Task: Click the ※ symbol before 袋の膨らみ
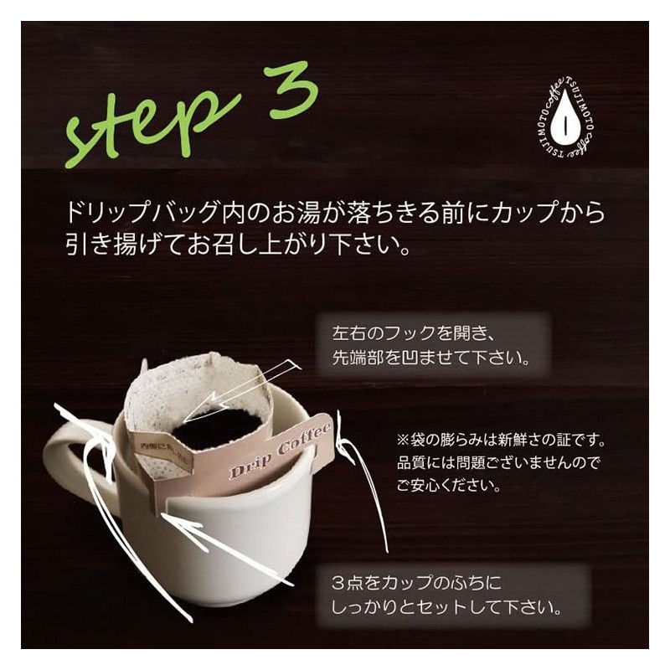(x=404, y=440)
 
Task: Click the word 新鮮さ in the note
(x=544, y=440)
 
